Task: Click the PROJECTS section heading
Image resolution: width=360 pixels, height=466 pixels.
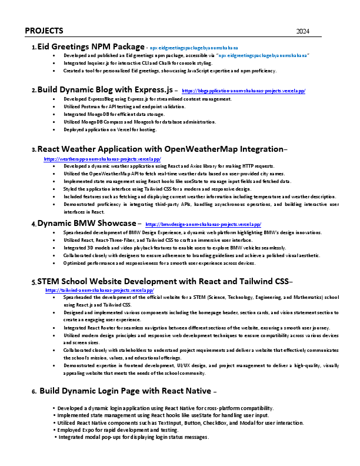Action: [x=45, y=31]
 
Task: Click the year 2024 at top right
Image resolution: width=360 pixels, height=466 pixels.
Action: [x=303, y=31]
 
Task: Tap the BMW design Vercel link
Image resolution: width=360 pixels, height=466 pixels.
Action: [x=203, y=224]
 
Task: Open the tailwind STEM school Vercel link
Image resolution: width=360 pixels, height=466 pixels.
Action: [x=99, y=290]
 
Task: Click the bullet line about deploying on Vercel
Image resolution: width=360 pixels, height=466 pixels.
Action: [x=110, y=129]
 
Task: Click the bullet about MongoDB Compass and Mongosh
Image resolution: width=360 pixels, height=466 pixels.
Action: [x=139, y=121]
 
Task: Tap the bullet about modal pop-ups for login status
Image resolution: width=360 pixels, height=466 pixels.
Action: [x=134, y=437]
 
